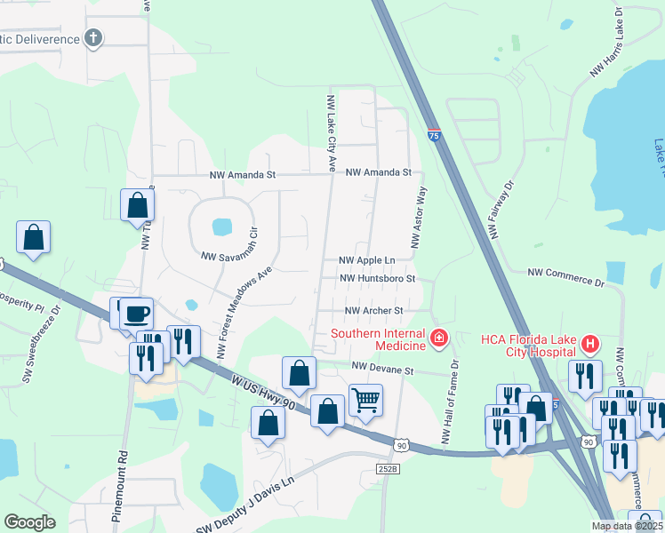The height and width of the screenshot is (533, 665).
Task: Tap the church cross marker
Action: (x=92, y=38)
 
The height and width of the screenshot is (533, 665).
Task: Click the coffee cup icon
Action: (x=137, y=313)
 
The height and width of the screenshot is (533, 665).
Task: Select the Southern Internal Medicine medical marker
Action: (x=437, y=338)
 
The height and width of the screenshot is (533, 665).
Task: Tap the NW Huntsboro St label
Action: (x=379, y=279)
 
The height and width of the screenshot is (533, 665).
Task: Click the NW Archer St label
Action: (x=374, y=311)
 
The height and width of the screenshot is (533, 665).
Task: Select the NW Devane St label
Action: (x=383, y=367)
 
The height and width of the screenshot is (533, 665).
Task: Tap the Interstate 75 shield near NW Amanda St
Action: (x=433, y=135)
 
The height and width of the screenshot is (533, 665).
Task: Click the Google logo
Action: (x=29, y=522)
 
